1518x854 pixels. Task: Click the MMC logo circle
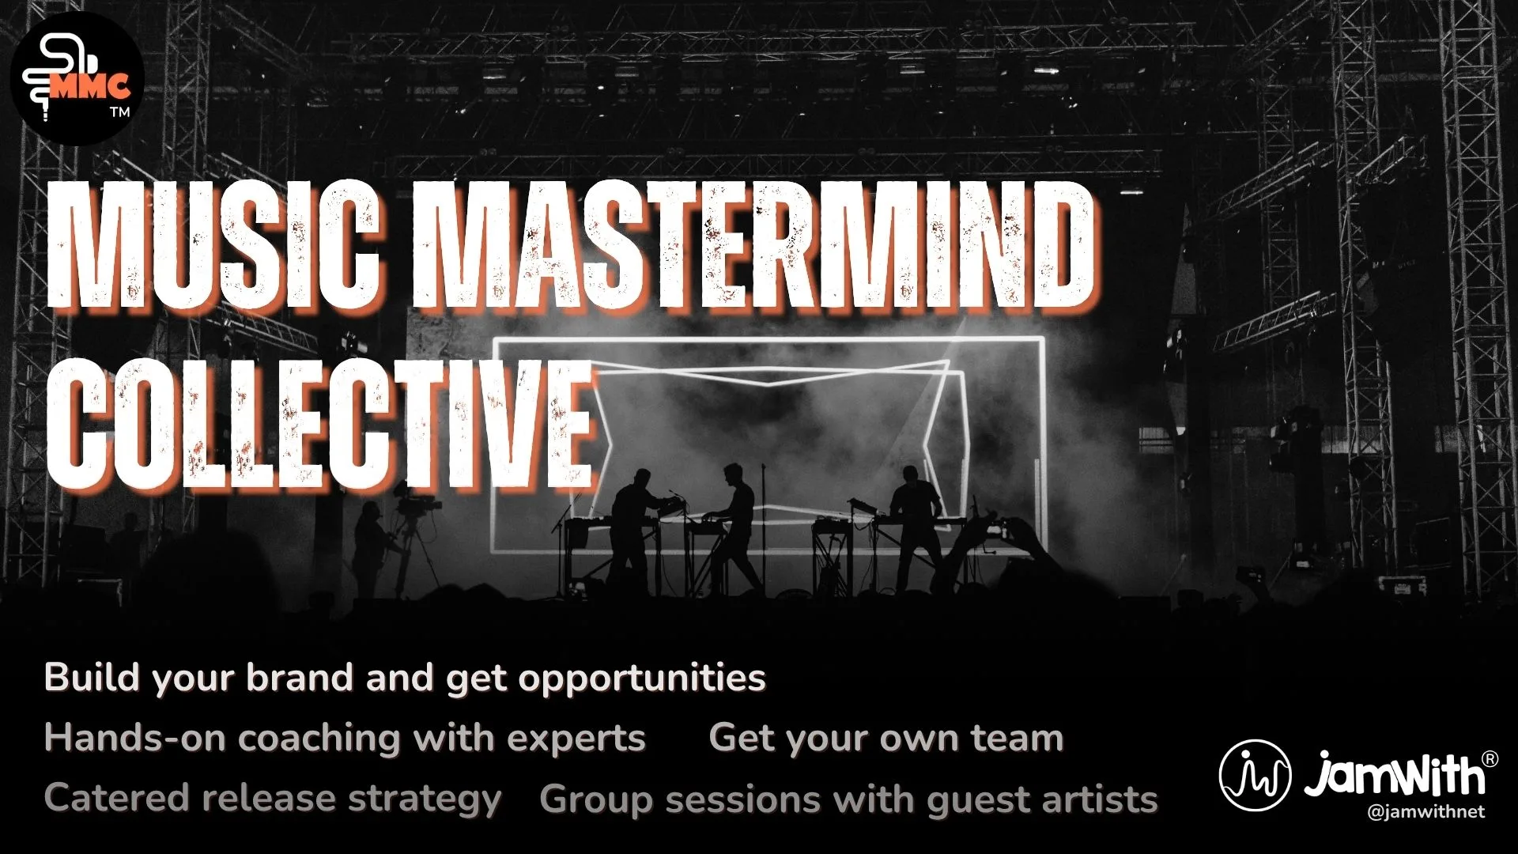pos(77,77)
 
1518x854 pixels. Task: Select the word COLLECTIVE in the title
pos(320,427)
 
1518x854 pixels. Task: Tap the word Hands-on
pos(135,738)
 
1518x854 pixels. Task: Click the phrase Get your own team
pos(885,738)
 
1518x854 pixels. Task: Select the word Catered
pos(116,798)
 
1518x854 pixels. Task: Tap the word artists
pos(1100,799)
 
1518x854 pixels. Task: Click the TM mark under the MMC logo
pos(120,112)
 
